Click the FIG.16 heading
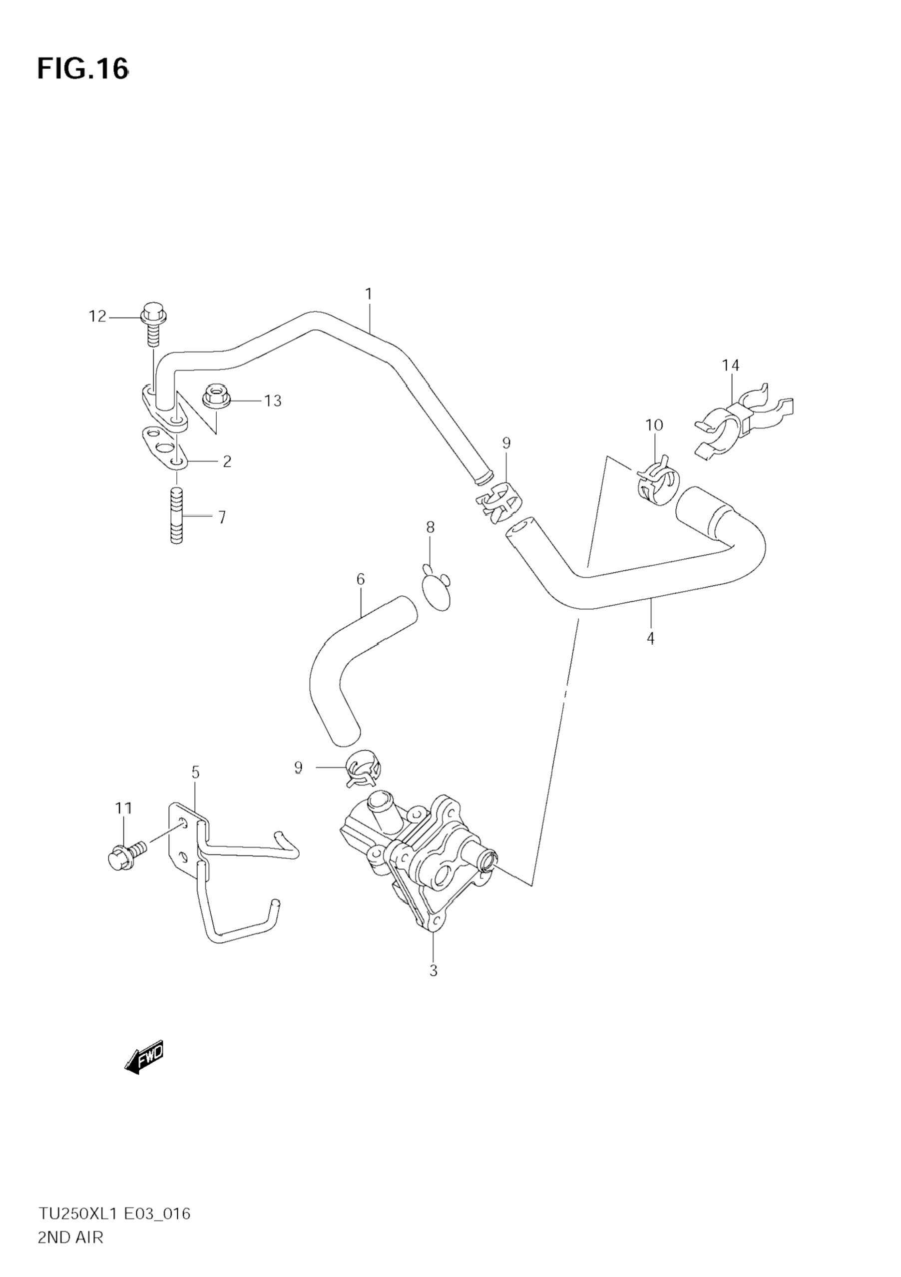[83, 69]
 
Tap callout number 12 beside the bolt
[97, 317]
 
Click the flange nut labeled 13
[215, 397]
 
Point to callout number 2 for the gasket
[227, 461]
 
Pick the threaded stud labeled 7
[177, 515]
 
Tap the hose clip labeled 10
[657, 481]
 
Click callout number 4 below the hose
[651, 638]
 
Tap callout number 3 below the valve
[433, 970]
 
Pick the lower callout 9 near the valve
[298, 768]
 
